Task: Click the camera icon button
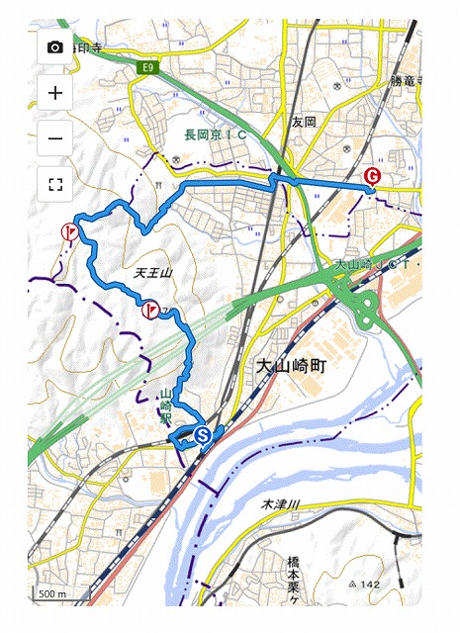click(x=54, y=47)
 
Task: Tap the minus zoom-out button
click(x=54, y=138)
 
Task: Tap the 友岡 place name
click(x=303, y=122)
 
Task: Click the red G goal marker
click(x=373, y=176)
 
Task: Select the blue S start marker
click(x=203, y=434)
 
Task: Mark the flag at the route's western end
click(x=69, y=232)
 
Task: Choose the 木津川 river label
click(x=280, y=504)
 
